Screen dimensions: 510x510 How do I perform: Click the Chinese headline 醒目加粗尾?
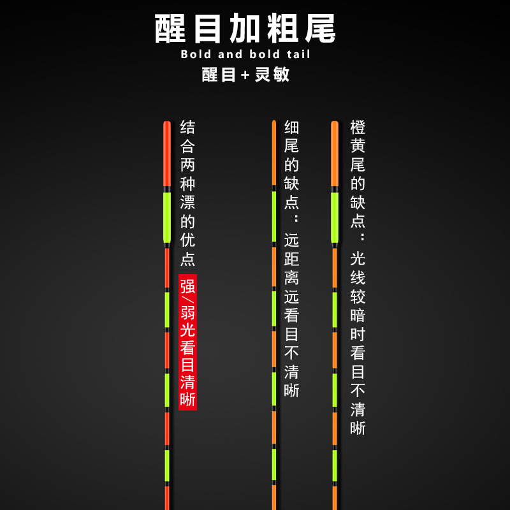click(245, 29)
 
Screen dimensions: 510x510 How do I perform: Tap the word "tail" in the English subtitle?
click(295, 54)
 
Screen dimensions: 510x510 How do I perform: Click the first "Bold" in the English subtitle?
click(196, 54)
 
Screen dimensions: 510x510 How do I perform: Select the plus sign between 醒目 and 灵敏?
click(245, 75)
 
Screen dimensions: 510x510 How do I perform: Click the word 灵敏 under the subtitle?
click(272, 74)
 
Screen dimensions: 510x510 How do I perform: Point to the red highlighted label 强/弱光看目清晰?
click(187, 342)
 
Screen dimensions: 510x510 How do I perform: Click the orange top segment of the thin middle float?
click(274, 153)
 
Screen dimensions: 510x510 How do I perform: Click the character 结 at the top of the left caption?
click(187, 127)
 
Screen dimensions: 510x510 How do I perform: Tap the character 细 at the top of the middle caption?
click(291, 127)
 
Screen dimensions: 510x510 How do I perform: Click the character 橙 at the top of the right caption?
click(358, 127)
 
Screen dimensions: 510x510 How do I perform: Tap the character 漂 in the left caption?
click(187, 203)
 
